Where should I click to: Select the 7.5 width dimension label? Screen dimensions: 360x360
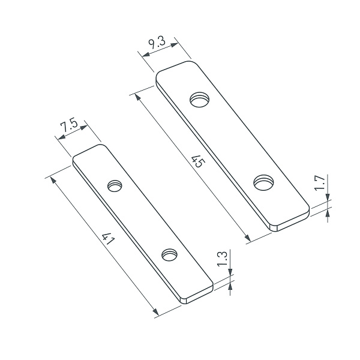[70, 126]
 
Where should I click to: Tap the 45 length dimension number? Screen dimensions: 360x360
[195, 161]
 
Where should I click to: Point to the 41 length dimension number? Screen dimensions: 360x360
[109, 240]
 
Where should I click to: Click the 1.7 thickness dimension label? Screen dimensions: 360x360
[319, 182]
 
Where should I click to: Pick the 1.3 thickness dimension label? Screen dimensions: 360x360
[222, 259]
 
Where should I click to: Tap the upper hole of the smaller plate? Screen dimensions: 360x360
[115, 186]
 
